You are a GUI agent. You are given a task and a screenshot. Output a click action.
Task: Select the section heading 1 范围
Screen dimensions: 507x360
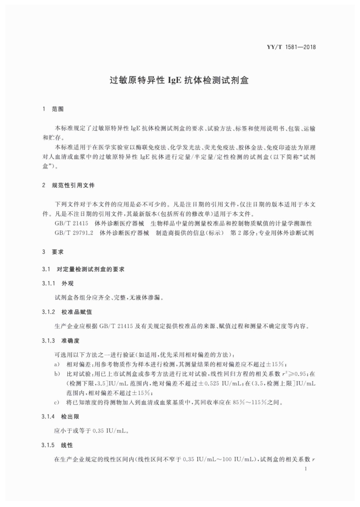pos(53,109)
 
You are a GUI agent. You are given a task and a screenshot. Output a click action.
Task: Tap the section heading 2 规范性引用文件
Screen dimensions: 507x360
pos(68,185)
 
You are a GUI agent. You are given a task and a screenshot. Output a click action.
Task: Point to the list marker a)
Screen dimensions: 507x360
pos(57,364)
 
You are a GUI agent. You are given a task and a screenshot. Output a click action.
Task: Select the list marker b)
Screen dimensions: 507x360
pos(57,374)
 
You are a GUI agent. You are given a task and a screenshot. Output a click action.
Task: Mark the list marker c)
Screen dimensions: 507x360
pos(57,402)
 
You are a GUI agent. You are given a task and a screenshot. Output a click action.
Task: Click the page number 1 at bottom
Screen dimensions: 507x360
pos(306,470)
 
